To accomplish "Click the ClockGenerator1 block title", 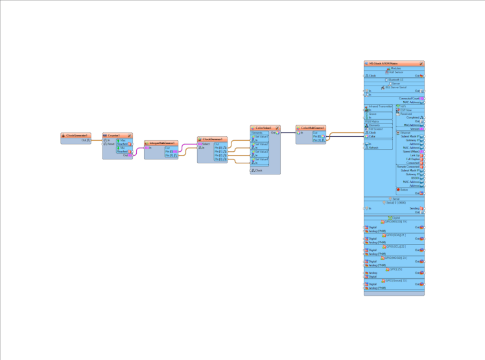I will click(x=77, y=136).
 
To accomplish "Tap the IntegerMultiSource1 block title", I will click(x=160, y=143).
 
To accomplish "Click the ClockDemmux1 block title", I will click(x=213, y=139).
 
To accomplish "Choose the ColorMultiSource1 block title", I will click(x=312, y=128).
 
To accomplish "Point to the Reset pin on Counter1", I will click(x=111, y=144).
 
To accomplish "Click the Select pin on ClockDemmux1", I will click(x=206, y=144).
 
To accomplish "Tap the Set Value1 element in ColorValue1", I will click(x=261, y=136).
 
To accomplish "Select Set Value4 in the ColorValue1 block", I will click(x=261, y=160).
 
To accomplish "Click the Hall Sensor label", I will click(x=394, y=72).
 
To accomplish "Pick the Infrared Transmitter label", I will click(x=381, y=106).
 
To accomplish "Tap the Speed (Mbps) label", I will click(x=410, y=151).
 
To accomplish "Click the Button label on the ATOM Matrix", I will click(x=404, y=189).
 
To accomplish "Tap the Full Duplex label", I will click(x=412, y=159).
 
